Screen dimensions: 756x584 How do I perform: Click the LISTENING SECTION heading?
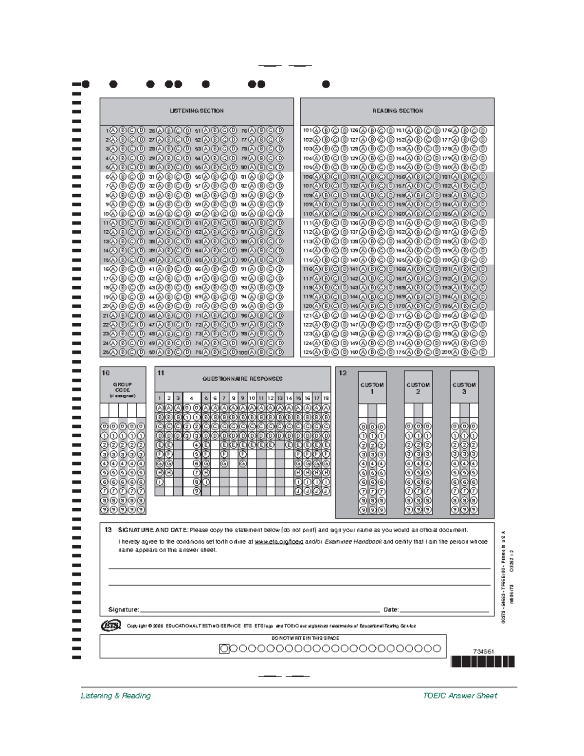tap(197, 111)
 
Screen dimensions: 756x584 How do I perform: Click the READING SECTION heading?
tap(398, 111)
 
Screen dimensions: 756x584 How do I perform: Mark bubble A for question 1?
tap(113, 130)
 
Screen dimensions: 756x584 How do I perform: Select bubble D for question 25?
tap(141, 352)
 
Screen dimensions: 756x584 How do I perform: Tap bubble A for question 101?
tap(317, 130)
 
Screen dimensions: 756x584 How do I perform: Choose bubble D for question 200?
tap(483, 352)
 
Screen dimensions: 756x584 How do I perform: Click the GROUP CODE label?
tap(123, 389)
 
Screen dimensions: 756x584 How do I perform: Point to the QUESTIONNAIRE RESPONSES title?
tap(242, 379)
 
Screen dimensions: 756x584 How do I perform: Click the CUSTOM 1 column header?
tap(372, 388)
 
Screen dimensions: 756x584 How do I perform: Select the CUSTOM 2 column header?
tap(418, 388)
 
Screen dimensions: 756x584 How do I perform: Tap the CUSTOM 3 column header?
tap(464, 388)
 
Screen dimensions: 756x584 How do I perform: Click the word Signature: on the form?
tap(124, 609)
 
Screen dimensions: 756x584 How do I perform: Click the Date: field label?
tap(391, 609)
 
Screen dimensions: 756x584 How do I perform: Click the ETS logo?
tap(110, 626)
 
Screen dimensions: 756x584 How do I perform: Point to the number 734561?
tap(483, 651)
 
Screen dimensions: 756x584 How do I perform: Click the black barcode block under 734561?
tap(482, 662)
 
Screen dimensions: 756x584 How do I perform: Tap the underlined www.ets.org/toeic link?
tap(279, 541)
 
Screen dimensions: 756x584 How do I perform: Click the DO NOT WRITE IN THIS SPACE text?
tap(305, 638)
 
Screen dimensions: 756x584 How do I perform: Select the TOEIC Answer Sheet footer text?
tap(460, 696)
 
